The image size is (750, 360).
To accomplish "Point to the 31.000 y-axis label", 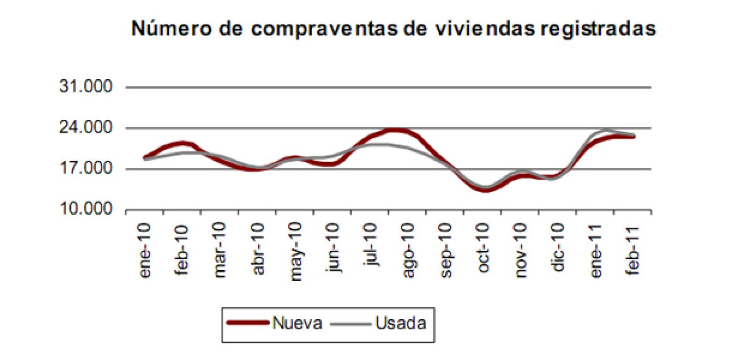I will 86,87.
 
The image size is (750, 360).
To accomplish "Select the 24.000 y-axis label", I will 86,127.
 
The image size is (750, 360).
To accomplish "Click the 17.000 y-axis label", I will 86,168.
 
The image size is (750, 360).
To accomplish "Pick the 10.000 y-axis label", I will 86,209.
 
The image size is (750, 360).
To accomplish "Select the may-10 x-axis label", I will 295,252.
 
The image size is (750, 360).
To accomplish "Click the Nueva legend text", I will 297,323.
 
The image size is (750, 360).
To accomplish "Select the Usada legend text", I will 401,323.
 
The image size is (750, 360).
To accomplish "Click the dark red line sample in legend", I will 247,323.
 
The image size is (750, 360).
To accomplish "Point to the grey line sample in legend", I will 351,323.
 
